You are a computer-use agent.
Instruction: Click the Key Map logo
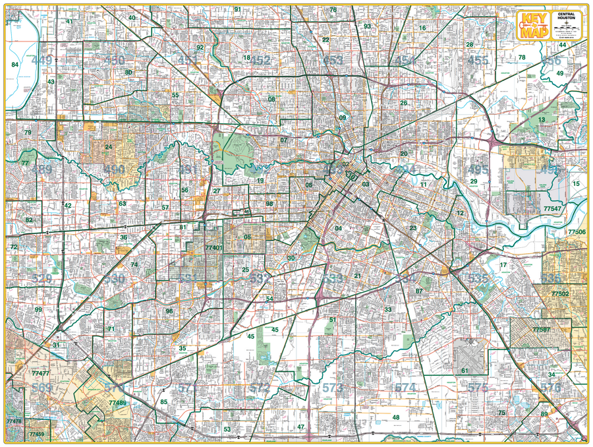[x=534, y=26]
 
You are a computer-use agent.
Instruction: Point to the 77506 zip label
[x=576, y=233]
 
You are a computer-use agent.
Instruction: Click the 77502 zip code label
[x=560, y=293]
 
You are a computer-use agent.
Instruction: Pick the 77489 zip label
[x=117, y=402]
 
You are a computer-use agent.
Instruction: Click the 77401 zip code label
[x=213, y=248]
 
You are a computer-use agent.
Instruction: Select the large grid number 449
[x=42, y=61]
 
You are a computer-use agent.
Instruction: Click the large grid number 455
[x=478, y=61]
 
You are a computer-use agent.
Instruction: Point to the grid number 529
[x=41, y=279]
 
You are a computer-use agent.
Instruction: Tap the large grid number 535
[x=478, y=279]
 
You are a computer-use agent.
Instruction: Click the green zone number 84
[x=14, y=65]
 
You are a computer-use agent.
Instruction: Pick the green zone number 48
[x=396, y=417]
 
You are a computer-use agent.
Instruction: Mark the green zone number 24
[x=108, y=147]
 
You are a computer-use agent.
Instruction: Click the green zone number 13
[x=542, y=119]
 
